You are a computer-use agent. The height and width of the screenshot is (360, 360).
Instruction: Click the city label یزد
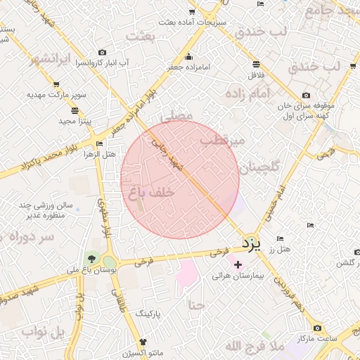tap(251, 244)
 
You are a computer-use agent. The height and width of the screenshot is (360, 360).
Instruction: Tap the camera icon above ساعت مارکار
tap(317, 328)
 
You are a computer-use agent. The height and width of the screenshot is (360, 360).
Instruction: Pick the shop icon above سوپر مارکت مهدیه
tap(56, 84)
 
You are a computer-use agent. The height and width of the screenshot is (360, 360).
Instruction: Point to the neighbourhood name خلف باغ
tap(152, 191)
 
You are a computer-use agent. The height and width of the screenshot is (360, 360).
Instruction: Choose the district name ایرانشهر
tap(56, 59)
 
